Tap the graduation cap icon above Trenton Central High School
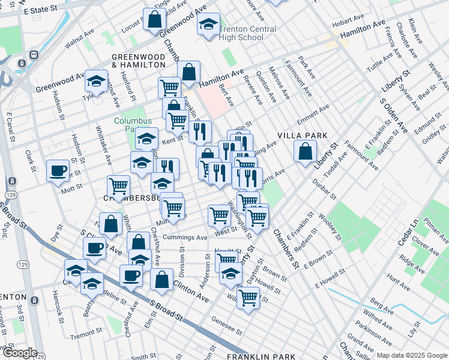[x=208, y=25]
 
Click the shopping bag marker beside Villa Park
[x=306, y=151]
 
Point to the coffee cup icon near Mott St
[x=58, y=170]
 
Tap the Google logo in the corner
[x=19, y=353]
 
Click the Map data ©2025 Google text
[x=411, y=355]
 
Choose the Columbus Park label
[x=130, y=124]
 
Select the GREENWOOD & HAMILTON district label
[x=138, y=60]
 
